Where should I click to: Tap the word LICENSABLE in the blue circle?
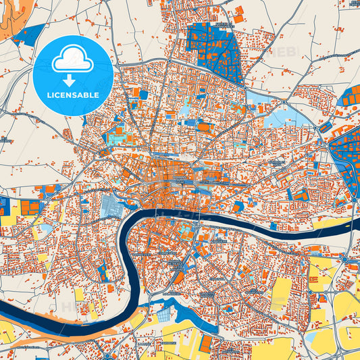click(x=72, y=95)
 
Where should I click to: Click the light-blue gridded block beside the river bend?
click(x=111, y=205)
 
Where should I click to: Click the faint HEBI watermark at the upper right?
click(x=284, y=51)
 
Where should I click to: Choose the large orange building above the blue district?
click(x=239, y=10)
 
